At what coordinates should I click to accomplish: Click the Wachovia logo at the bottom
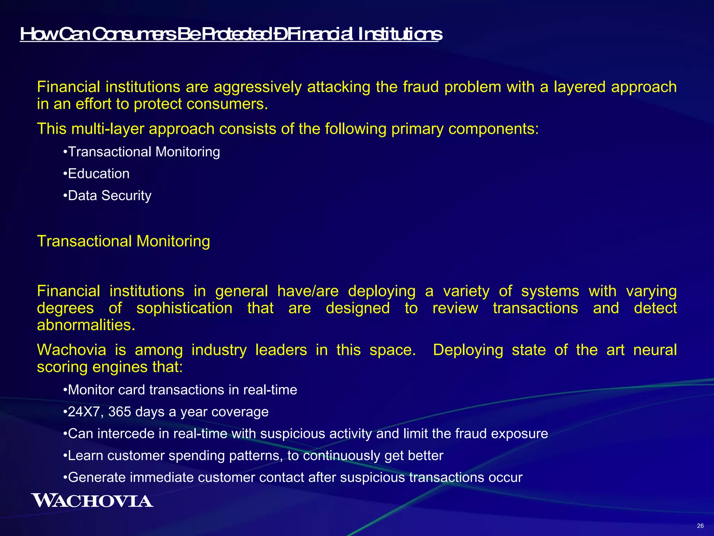(92, 500)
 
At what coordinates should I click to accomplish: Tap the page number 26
(700, 526)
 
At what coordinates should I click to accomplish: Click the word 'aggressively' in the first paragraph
(258, 87)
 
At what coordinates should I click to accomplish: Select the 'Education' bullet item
(99, 174)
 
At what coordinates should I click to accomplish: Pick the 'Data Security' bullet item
(109, 196)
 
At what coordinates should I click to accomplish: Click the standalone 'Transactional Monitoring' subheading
(123, 241)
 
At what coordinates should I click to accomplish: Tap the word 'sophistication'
(184, 308)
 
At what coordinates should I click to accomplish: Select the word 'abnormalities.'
(86, 325)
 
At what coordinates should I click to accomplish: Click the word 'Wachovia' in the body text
(71, 350)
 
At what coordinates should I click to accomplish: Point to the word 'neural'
(655, 350)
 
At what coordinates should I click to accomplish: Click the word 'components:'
(494, 129)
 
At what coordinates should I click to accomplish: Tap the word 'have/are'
(307, 291)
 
